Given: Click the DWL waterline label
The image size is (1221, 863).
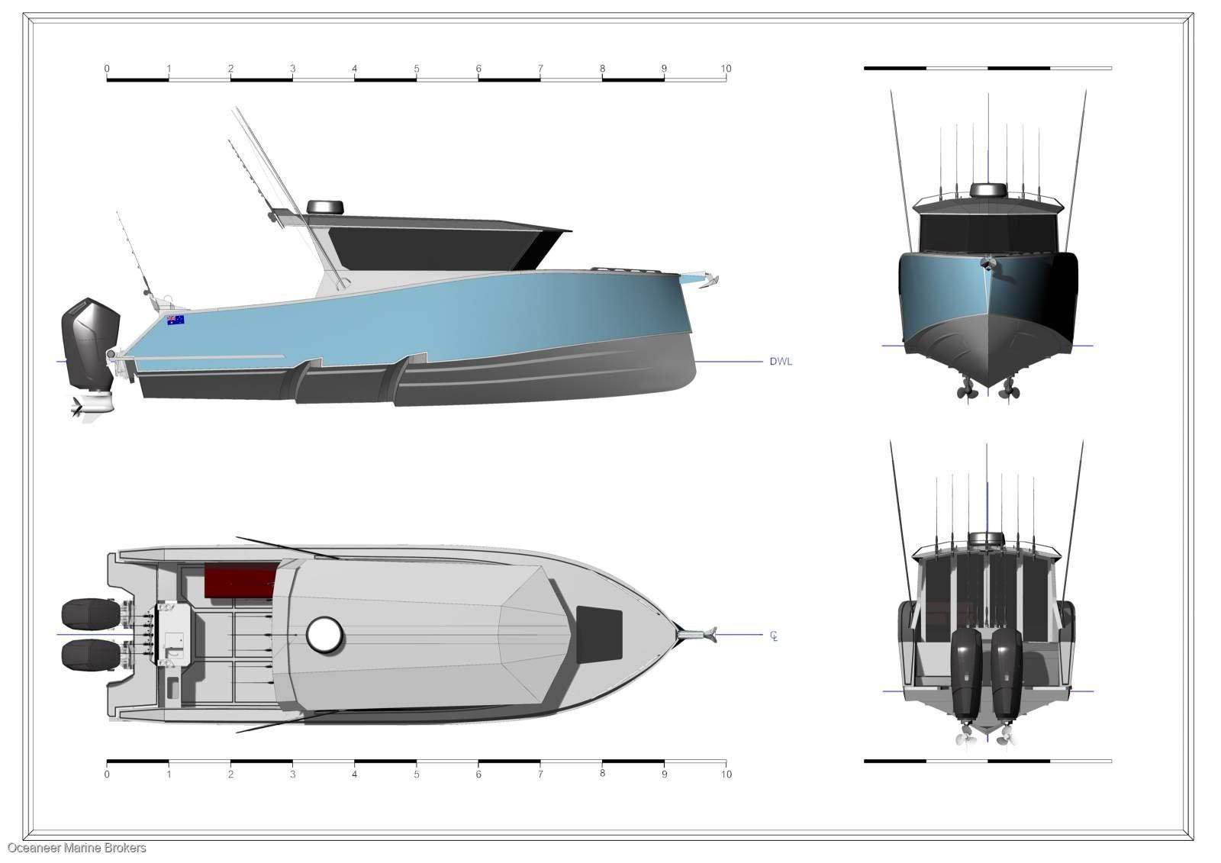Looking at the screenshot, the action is point(781,362).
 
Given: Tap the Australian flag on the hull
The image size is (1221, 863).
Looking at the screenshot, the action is point(176,320).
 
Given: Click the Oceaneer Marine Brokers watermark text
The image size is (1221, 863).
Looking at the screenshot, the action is point(77,849).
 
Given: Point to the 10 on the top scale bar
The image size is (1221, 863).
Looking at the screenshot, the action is point(726,69).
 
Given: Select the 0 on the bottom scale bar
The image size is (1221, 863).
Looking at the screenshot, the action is point(107,774).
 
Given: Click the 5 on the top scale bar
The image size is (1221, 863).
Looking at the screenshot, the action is point(417,69).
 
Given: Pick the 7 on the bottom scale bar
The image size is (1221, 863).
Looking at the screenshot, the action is point(540,774).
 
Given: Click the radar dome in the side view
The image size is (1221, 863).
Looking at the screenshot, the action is point(325,207).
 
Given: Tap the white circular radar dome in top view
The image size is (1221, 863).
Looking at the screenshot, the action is point(324,634).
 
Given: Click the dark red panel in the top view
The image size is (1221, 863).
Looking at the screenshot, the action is point(240,581).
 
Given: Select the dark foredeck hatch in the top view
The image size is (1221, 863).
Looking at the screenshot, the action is point(599,634).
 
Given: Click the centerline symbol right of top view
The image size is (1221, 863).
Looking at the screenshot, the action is point(774,636).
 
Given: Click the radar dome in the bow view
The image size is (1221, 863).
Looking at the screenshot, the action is point(988,190).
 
